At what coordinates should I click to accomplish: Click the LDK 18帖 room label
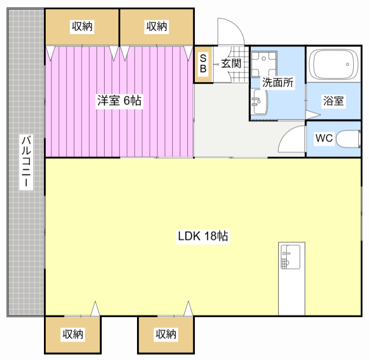pos(203,236)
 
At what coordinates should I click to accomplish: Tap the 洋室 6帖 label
pos(119,101)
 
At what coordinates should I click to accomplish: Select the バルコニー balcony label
pos(26,161)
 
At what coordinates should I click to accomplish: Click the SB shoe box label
pos(203,63)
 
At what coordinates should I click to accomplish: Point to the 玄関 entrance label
pos(231,64)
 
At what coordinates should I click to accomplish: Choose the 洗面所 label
pos(277,82)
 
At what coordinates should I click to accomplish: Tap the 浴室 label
pos(333,101)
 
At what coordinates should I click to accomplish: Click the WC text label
pos(324,138)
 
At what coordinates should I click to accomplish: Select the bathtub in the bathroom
pos(333,64)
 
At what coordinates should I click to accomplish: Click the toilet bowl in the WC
pos(348,139)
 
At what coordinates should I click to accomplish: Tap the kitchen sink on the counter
pos(291,257)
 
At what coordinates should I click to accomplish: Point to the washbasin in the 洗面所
pos(259,102)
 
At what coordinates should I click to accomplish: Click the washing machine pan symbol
pos(264,64)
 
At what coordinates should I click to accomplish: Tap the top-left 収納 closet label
pos(82,26)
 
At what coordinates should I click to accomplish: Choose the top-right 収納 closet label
pos(157,26)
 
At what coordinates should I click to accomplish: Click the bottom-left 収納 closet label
pos(73,334)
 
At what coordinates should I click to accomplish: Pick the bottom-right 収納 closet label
pos(166,334)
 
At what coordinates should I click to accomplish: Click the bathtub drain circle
pos(347,64)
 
